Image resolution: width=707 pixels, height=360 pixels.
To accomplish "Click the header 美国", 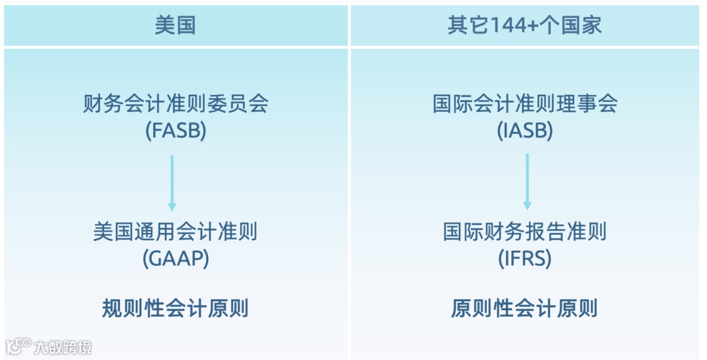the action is coord(175,25).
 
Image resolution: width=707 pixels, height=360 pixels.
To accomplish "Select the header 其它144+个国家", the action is coord(524,25).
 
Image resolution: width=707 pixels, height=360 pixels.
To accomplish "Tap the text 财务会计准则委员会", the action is coord(175,104).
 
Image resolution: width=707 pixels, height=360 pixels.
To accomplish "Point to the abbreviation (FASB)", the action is coord(175,131).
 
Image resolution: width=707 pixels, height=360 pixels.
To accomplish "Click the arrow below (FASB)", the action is coord(172,181).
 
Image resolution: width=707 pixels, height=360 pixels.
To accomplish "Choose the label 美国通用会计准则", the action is coord(175,232).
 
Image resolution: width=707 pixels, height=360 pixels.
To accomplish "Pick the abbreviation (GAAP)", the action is coord(175,259).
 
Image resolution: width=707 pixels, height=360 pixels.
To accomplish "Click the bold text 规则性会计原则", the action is coord(175,308).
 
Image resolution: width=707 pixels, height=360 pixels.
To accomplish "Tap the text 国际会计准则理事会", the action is coord(525,104).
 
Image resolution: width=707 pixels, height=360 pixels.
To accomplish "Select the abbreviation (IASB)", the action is coord(525,131).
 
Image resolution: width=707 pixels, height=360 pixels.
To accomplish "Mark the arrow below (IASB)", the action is coord(527,181).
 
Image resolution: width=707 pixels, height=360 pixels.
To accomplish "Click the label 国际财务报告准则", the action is coord(525,232).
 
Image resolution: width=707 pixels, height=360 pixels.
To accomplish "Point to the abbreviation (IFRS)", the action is coord(525,259).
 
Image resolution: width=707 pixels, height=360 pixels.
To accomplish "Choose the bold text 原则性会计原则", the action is coord(525,308).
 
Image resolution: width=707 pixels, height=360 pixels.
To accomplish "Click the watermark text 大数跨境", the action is coord(63,346).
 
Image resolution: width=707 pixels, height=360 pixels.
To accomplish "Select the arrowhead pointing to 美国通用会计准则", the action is coord(172,207).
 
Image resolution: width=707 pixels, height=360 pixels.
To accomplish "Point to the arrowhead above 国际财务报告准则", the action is coord(527,206).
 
